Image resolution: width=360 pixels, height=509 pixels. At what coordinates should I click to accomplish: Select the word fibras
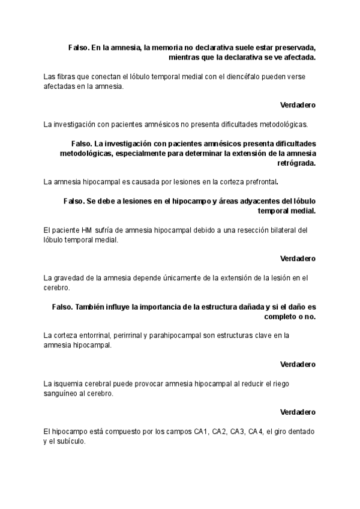pyautogui.click(x=65, y=76)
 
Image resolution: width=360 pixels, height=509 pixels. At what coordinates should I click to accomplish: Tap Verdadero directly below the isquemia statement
pyautogui.click(x=298, y=412)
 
